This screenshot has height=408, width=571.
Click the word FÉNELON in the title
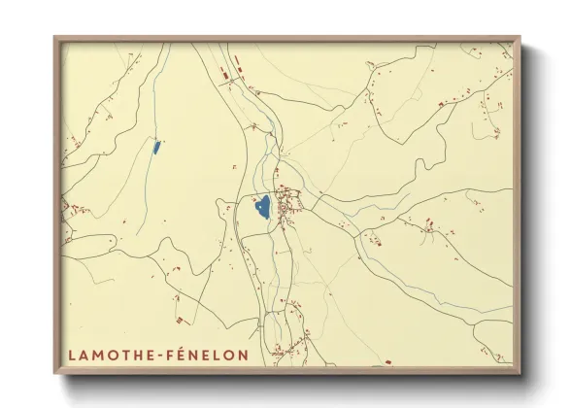point(208,356)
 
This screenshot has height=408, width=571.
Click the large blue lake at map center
point(261,207)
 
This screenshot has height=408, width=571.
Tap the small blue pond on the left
point(155,148)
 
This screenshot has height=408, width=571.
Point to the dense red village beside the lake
point(287,203)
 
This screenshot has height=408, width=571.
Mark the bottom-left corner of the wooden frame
point(55,374)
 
